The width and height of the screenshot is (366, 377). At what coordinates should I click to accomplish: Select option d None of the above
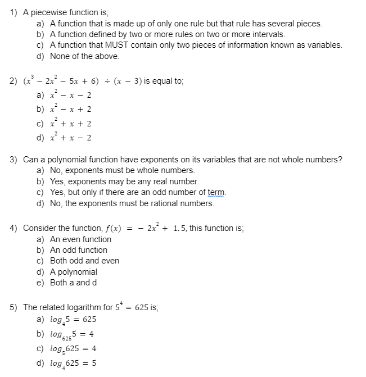tap(84, 56)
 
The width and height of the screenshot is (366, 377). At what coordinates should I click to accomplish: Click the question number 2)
tap(13, 81)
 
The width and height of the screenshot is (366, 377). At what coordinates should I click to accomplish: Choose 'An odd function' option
tap(78, 250)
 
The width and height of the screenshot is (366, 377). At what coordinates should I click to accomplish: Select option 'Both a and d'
tap(73, 283)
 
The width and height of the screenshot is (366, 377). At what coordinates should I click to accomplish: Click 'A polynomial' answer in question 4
tap(73, 272)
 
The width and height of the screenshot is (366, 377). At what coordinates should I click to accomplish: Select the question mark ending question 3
tap(340, 160)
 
